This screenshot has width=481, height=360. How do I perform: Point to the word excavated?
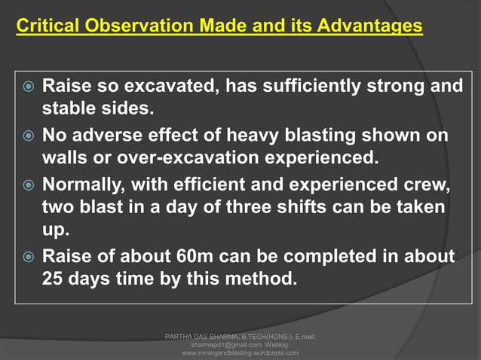click(161, 87)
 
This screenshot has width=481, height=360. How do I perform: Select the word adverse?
click(106, 136)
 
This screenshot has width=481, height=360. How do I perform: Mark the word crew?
click(430, 185)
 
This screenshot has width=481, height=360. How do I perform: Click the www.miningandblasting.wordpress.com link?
click(240, 352)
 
